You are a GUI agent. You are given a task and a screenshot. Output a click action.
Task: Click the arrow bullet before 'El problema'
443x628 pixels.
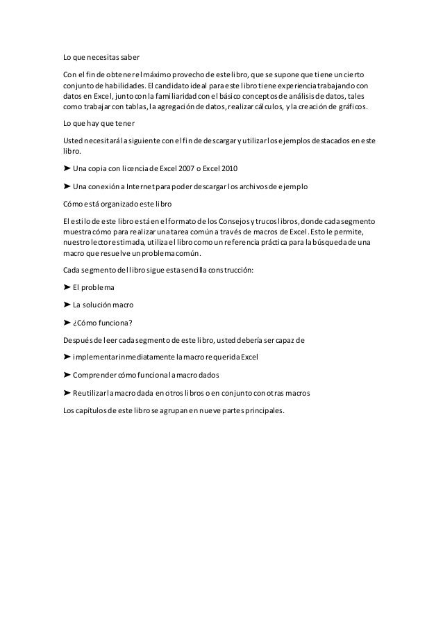(x=67, y=287)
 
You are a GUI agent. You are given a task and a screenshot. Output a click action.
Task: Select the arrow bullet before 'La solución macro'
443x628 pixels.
(x=67, y=304)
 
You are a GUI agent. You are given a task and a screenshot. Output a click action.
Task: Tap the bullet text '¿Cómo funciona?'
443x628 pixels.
(x=103, y=322)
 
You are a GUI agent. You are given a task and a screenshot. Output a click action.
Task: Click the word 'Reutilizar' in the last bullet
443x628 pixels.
(x=92, y=392)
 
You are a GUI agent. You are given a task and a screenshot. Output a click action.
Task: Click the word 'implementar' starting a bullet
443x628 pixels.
(x=94, y=357)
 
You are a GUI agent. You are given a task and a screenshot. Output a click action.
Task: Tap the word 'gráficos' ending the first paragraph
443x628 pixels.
(x=353, y=107)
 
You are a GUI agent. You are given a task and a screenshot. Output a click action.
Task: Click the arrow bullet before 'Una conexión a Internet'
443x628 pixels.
(x=67, y=187)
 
